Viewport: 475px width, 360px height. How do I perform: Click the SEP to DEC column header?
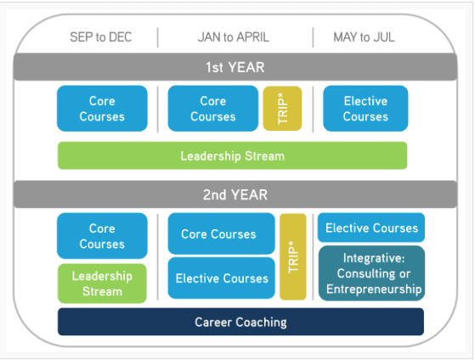tap(100, 37)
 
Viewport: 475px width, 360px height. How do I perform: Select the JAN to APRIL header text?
tap(234, 37)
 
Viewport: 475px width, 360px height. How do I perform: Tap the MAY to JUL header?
tap(364, 37)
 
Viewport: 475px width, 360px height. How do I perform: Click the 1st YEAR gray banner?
tap(235, 67)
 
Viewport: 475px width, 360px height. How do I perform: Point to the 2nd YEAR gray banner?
tap(235, 194)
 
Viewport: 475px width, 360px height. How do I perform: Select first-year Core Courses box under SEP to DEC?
tap(102, 109)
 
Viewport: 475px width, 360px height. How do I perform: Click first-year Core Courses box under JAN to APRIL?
tap(213, 109)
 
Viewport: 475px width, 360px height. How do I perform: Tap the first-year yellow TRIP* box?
tap(282, 109)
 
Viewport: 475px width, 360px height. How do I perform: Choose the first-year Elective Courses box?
tap(365, 109)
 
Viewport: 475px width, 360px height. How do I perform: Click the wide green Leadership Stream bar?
tap(232, 155)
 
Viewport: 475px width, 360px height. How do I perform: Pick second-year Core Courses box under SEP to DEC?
tap(102, 236)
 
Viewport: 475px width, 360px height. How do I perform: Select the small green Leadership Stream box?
tap(102, 284)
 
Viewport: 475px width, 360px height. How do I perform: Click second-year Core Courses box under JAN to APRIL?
tap(222, 233)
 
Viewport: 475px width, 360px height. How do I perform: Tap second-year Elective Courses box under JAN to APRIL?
tap(222, 278)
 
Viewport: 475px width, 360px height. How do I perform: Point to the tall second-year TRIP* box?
tap(293, 256)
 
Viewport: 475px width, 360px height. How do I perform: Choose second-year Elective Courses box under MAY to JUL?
tap(371, 228)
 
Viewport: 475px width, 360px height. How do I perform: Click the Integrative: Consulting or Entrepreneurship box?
tap(371, 273)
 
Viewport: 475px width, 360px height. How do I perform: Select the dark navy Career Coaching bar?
tap(240, 322)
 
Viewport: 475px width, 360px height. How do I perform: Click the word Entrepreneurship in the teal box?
tap(374, 289)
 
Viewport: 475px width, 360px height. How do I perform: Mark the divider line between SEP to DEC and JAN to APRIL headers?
tap(158, 37)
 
